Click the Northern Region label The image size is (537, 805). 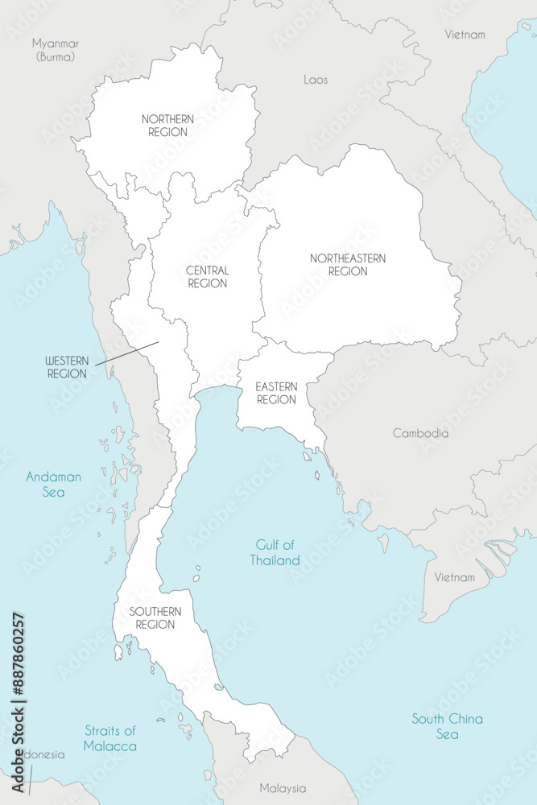tap(167, 126)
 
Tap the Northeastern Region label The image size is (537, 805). tap(348, 265)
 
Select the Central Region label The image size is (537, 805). tap(207, 277)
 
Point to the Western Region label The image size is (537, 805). tap(66, 368)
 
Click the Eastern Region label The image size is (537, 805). tap(276, 394)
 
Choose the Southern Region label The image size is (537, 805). tap(155, 618)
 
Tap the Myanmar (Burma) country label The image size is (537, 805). tap(55, 50)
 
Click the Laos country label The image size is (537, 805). tap(316, 80)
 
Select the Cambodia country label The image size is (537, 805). tap(420, 433)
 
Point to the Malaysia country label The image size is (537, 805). tap(283, 788)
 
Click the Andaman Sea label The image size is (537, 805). tap(53, 484)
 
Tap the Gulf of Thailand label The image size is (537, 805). tap(275, 553)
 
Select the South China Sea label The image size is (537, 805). tap(447, 726)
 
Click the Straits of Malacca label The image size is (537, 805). tap(109, 738)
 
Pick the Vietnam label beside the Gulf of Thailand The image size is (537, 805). tap(455, 577)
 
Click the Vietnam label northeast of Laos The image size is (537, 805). tap(465, 35)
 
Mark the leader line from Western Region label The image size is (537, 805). tap(126, 353)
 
